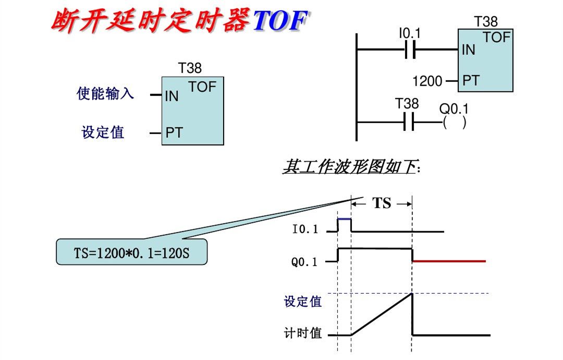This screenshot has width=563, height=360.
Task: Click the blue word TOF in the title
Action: pyautogui.click(x=279, y=21)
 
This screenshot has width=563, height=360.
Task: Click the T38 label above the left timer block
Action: pyautogui.click(x=190, y=68)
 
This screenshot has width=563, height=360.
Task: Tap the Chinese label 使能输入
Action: pyautogui.click(x=105, y=93)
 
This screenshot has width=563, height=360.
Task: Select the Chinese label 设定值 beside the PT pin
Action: pyautogui.click(x=103, y=133)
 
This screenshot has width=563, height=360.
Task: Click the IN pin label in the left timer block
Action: pyautogui.click(x=172, y=97)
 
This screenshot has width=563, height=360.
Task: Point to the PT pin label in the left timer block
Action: pyautogui.click(x=174, y=133)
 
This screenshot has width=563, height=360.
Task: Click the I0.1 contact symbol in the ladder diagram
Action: pyautogui.click(x=409, y=50)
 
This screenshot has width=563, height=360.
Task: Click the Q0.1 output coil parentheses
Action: pyautogui.click(x=454, y=123)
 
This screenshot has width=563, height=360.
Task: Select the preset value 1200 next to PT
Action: pyautogui.click(x=427, y=81)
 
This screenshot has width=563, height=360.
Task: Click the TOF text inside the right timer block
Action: pyautogui.click(x=496, y=38)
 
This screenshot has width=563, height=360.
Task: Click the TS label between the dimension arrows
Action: pyautogui.click(x=382, y=203)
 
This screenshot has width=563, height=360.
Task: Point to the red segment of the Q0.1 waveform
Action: pyautogui.click(x=449, y=261)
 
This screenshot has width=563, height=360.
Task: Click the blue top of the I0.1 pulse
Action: pyautogui.click(x=344, y=219)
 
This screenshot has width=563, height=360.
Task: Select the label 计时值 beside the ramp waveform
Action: pyautogui.click(x=303, y=333)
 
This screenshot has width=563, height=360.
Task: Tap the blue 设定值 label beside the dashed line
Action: pyautogui.click(x=303, y=302)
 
